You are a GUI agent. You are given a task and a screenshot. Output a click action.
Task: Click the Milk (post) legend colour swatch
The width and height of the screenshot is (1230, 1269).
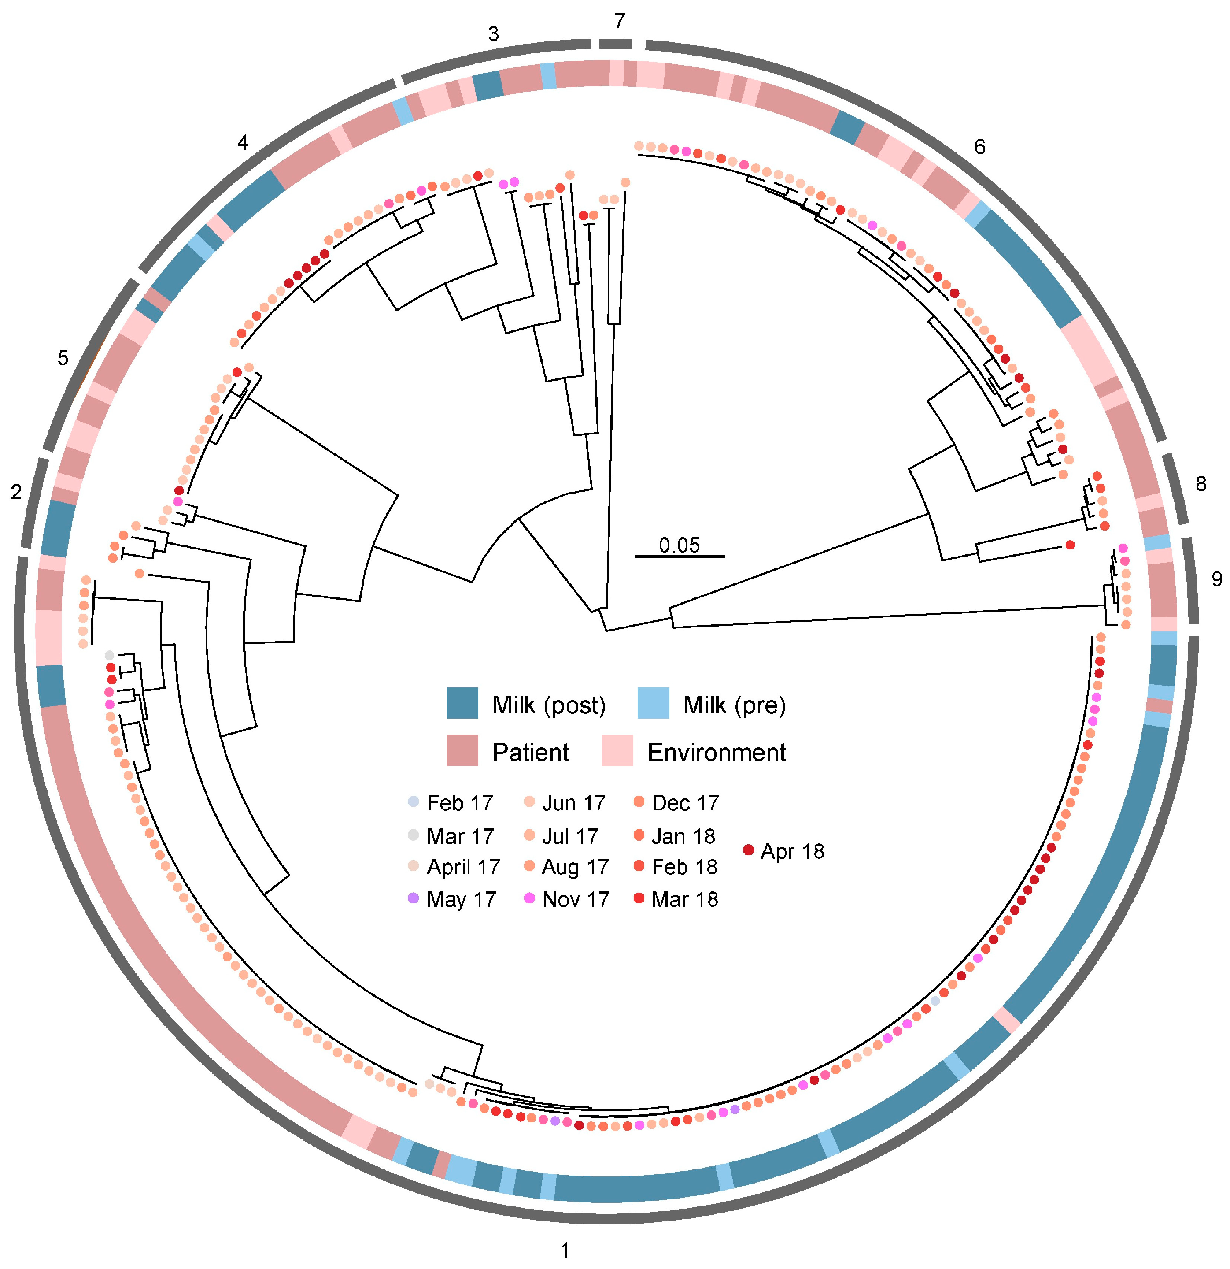pyautogui.click(x=462, y=704)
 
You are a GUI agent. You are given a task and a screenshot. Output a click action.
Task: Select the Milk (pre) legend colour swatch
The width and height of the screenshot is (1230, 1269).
pyautogui.click(x=653, y=704)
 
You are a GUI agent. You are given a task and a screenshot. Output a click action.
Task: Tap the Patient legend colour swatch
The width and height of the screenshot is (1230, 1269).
pyautogui.click(x=462, y=751)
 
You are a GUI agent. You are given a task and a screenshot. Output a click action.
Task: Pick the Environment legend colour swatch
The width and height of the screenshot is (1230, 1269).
pyautogui.click(x=617, y=751)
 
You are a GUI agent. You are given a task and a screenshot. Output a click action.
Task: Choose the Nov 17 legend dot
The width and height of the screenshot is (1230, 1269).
pyautogui.click(x=530, y=899)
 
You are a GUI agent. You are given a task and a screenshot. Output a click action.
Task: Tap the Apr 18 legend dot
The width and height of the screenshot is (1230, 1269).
pyautogui.click(x=749, y=850)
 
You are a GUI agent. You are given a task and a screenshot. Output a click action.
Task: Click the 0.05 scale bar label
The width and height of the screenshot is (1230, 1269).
pyautogui.click(x=680, y=545)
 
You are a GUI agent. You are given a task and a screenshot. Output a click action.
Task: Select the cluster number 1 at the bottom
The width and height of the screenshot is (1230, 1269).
pyautogui.click(x=565, y=1250)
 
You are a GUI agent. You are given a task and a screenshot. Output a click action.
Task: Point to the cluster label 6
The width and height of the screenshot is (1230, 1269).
pyautogui.click(x=979, y=147)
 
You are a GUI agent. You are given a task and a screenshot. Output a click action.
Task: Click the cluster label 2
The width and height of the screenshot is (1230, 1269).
pyautogui.click(x=16, y=492)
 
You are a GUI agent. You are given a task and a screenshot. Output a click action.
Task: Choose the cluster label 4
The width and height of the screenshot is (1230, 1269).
pyautogui.click(x=243, y=142)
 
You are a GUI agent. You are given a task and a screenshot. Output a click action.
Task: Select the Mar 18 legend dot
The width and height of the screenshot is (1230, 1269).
pyautogui.click(x=639, y=899)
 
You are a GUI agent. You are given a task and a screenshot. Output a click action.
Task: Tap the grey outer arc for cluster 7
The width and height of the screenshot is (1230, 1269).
pyautogui.click(x=615, y=43)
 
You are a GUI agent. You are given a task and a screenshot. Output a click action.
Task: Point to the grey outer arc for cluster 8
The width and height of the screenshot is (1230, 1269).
pyautogui.click(x=1177, y=489)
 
